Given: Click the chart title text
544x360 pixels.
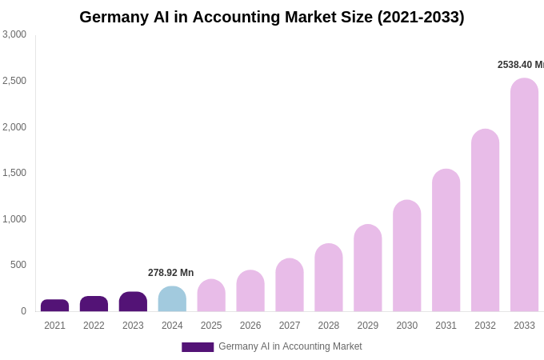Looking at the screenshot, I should click(271, 17).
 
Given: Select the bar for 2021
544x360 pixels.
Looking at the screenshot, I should click(54, 306).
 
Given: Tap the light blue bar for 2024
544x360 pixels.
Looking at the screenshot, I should click(172, 299).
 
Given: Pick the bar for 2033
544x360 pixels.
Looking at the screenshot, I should click(524, 195).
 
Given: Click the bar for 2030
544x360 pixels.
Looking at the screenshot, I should click(406, 256).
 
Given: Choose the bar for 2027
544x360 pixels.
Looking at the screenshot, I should click(290, 286).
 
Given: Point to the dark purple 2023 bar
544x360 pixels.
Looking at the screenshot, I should click(133, 302).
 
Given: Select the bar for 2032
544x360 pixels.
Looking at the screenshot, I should click(485, 221).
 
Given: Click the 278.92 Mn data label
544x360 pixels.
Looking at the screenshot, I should click(170, 273).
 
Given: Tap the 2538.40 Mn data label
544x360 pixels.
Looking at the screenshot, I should click(520, 65).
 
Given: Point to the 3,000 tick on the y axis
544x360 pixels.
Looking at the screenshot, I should click(14, 34).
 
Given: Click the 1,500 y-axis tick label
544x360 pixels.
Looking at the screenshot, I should click(14, 173).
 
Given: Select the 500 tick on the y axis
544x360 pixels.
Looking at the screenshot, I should click(18, 265).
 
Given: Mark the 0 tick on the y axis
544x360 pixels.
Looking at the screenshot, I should click(23, 311).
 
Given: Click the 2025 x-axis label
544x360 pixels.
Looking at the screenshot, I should click(211, 326).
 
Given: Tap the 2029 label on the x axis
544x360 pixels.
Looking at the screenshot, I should click(367, 326).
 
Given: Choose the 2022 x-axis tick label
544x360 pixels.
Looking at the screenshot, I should click(94, 326).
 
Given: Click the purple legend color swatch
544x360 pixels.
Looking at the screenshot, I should click(198, 347).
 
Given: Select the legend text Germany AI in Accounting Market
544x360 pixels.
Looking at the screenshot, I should click(290, 346).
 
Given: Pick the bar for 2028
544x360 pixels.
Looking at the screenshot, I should click(329, 278).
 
